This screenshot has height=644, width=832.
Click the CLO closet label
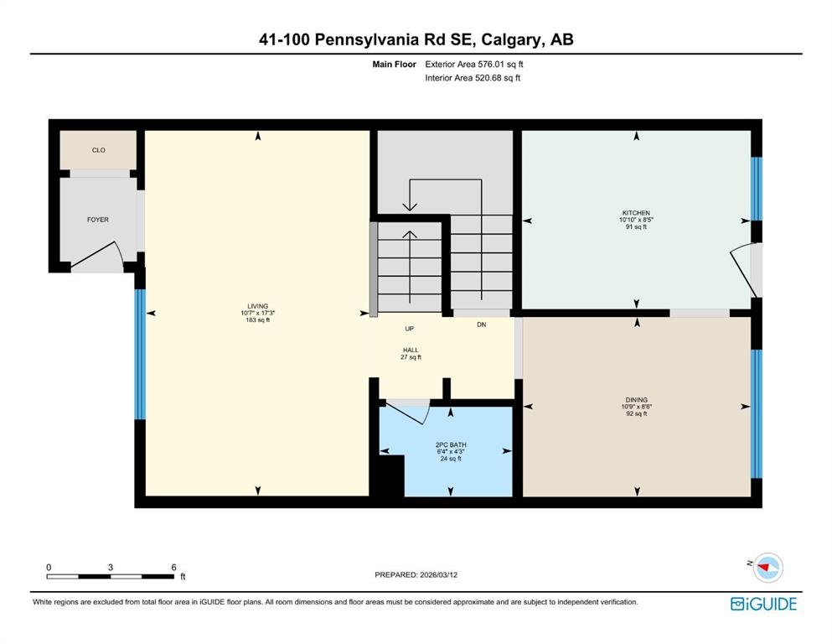pyautogui.click(x=99, y=150)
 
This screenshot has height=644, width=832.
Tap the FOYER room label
pyautogui.click(x=98, y=219)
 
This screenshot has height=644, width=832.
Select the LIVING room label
pyautogui.click(x=258, y=306)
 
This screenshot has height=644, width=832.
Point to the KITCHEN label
pyautogui.click(x=636, y=213)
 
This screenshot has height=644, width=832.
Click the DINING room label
pyautogui.click(x=636, y=400)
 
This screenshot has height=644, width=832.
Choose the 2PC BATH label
pyautogui.click(x=451, y=445)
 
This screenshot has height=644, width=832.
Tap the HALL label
pyautogui.click(x=411, y=350)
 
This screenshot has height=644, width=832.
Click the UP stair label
pyautogui.click(x=409, y=329)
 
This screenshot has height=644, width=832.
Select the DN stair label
pyautogui.click(x=481, y=325)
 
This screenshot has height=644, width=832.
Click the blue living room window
pyautogui.click(x=140, y=354)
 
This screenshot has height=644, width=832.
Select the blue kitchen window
pyautogui.click(x=756, y=189)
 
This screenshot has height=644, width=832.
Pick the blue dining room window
pyautogui.click(x=756, y=413)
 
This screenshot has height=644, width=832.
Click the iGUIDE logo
pyautogui.click(x=763, y=605)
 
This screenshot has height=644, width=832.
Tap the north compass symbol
pyautogui.click(x=767, y=567)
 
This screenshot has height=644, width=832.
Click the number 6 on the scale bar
pyautogui.click(x=173, y=567)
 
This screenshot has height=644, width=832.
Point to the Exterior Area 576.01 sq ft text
pyautogui.click(x=474, y=65)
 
